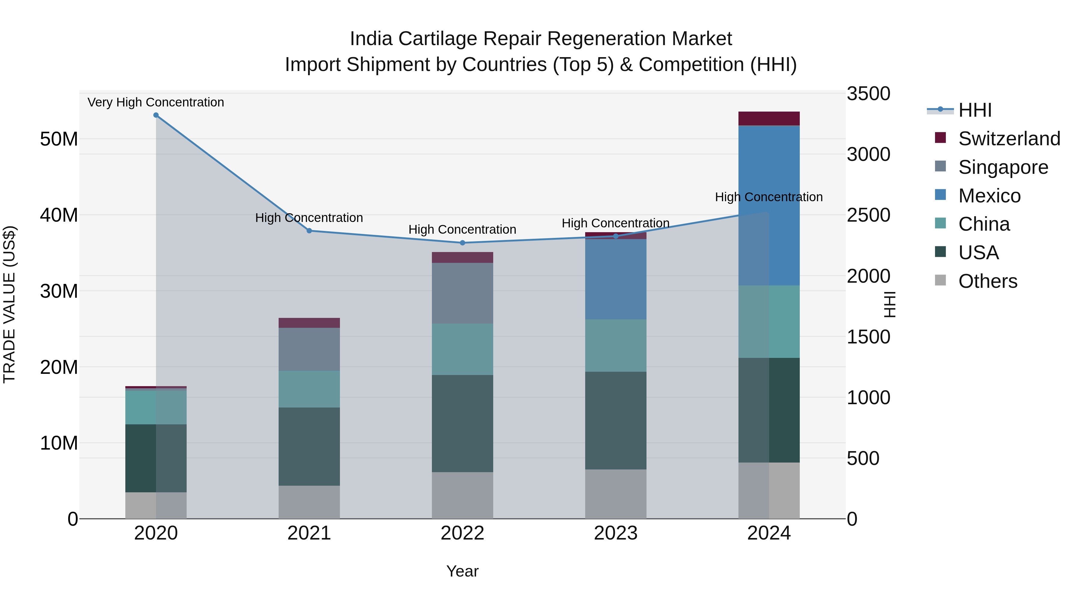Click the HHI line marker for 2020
[156, 115]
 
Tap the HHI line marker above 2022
[463, 243]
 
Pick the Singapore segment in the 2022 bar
[463, 293]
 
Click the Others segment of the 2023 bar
[616, 494]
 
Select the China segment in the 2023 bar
[616, 346]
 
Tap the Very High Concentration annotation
[156, 103]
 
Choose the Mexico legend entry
[989, 196]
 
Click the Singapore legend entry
[1003, 167]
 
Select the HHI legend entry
[974, 110]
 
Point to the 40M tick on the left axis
[59, 215]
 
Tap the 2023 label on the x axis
[616, 533]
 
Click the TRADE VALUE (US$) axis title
[10, 304]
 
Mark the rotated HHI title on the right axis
[889, 304]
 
